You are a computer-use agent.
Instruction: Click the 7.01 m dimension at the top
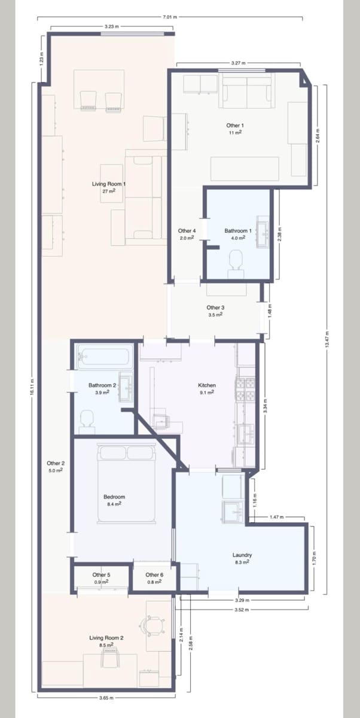click(x=169, y=17)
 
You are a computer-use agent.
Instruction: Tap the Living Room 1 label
click(x=108, y=187)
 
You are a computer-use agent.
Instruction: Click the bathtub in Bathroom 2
click(x=105, y=358)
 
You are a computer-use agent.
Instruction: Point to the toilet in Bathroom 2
click(x=87, y=419)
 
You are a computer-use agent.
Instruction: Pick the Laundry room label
click(x=242, y=558)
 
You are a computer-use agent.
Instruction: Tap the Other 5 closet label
click(x=101, y=578)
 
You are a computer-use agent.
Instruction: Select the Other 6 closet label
click(x=154, y=578)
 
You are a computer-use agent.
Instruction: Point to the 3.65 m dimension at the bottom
click(x=106, y=698)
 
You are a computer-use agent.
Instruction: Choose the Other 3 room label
click(x=215, y=311)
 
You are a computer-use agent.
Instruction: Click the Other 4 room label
click(x=187, y=233)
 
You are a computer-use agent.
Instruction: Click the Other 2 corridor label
click(x=56, y=467)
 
